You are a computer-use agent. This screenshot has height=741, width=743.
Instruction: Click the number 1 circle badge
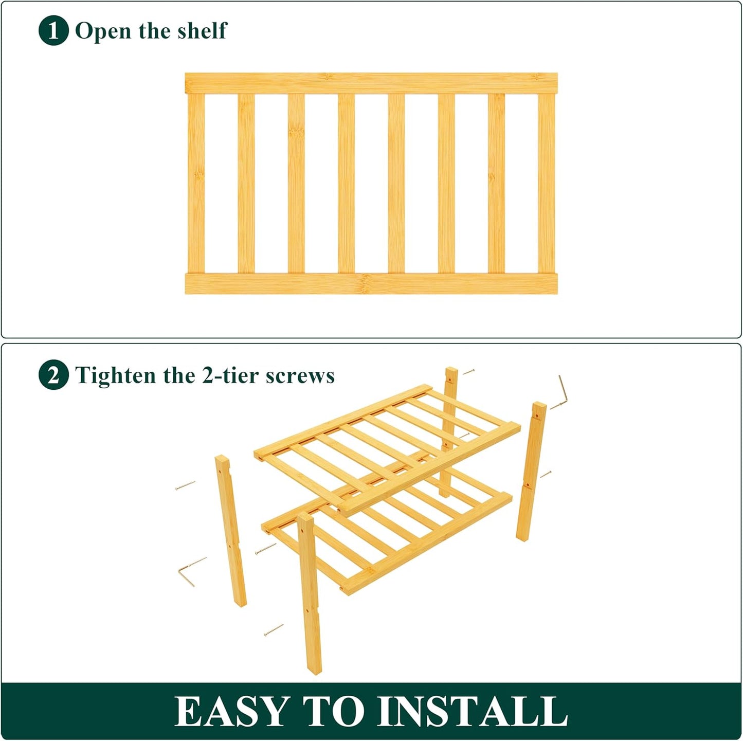pyautogui.click(x=53, y=31)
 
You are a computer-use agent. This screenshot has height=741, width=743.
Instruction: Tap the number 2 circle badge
pyautogui.click(x=53, y=375)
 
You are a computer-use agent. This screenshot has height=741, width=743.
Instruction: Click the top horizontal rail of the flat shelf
pyautogui.click(x=371, y=83)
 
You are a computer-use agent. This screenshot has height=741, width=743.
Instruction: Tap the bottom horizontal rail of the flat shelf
pyautogui.click(x=371, y=283)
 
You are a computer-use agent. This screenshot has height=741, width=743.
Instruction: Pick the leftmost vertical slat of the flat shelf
pyautogui.click(x=196, y=183)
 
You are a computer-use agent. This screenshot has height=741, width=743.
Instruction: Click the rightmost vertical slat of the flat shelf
pyautogui.click(x=546, y=183)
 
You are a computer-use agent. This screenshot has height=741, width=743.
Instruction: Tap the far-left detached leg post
pyautogui.click(x=230, y=530)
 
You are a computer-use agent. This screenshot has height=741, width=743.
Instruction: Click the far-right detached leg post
pyautogui.click(x=531, y=471)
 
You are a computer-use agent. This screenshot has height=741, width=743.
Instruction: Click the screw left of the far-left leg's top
pyautogui.click(x=185, y=485)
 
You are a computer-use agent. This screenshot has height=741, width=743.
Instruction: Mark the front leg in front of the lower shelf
pyautogui.click(x=310, y=591)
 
